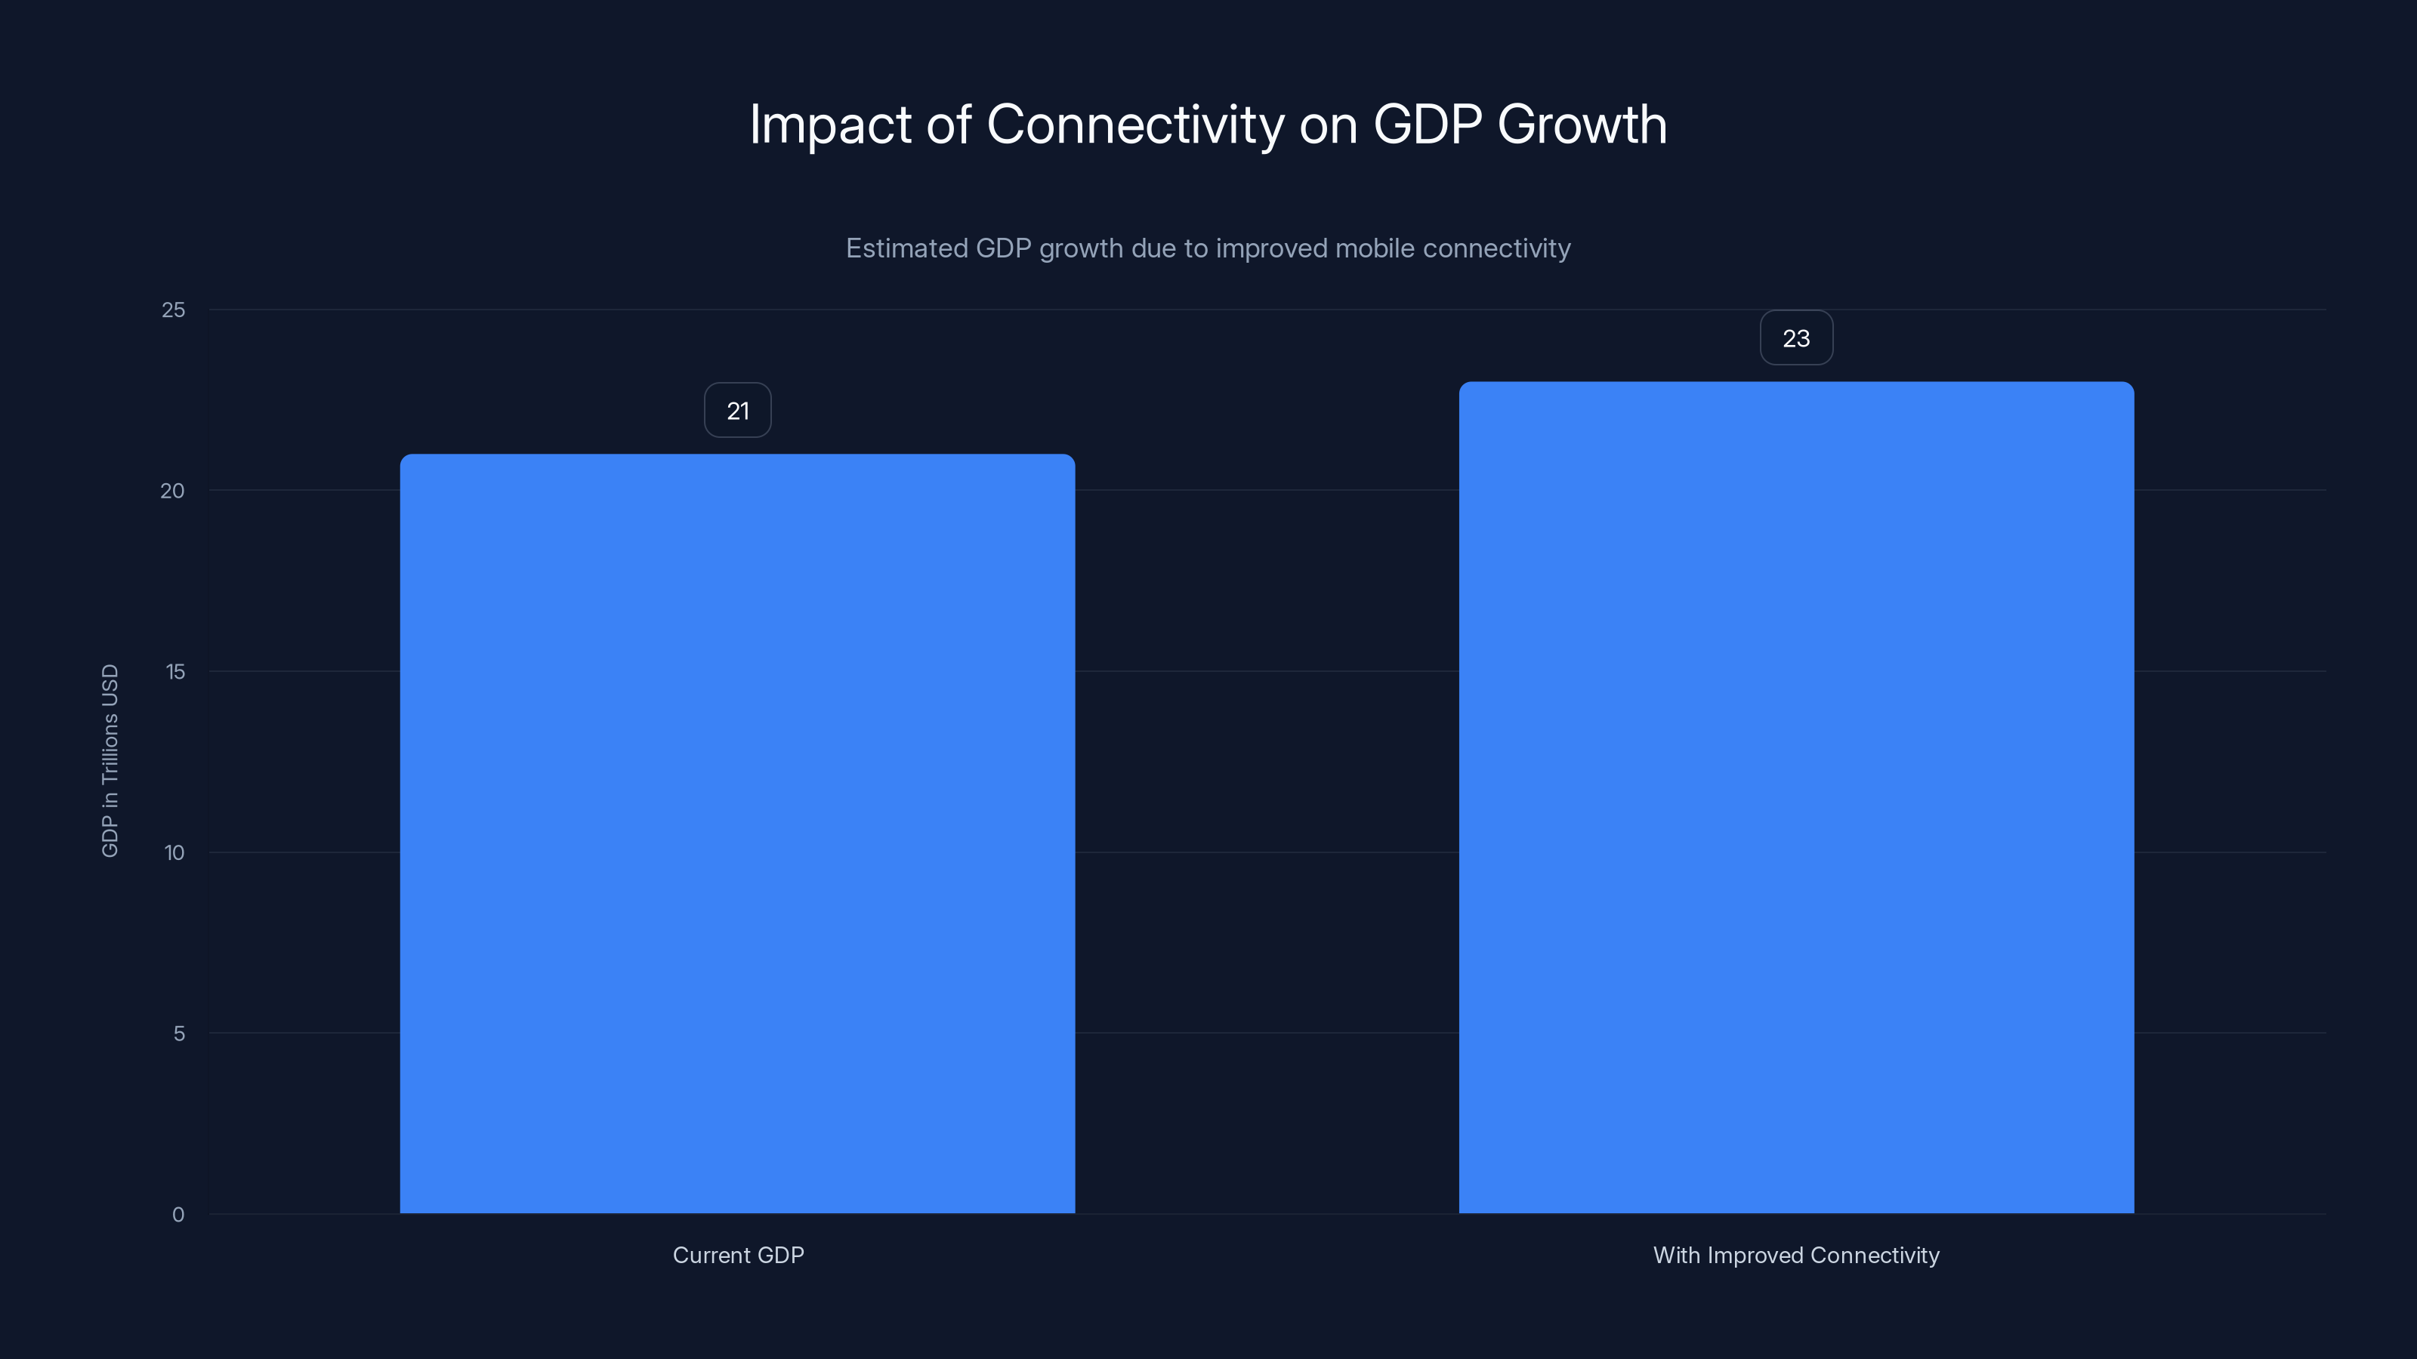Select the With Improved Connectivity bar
tap(1796, 797)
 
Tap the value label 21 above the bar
tap(737, 411)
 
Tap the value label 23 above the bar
tap(1796, 338)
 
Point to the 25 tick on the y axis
tap(174, 310)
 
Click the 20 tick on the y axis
tap(173, 492)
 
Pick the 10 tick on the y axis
tap(174, 853)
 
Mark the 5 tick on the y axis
tap(178, 1034)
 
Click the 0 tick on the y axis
tap(178, 1216)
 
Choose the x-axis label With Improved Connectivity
tap(1796, 1256)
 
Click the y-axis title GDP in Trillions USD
tap(110, 760)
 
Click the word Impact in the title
tap(830, 125)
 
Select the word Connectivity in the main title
tap(1135, 125)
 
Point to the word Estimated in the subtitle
tap(906, 248)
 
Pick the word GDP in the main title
tap(1427, 125)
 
